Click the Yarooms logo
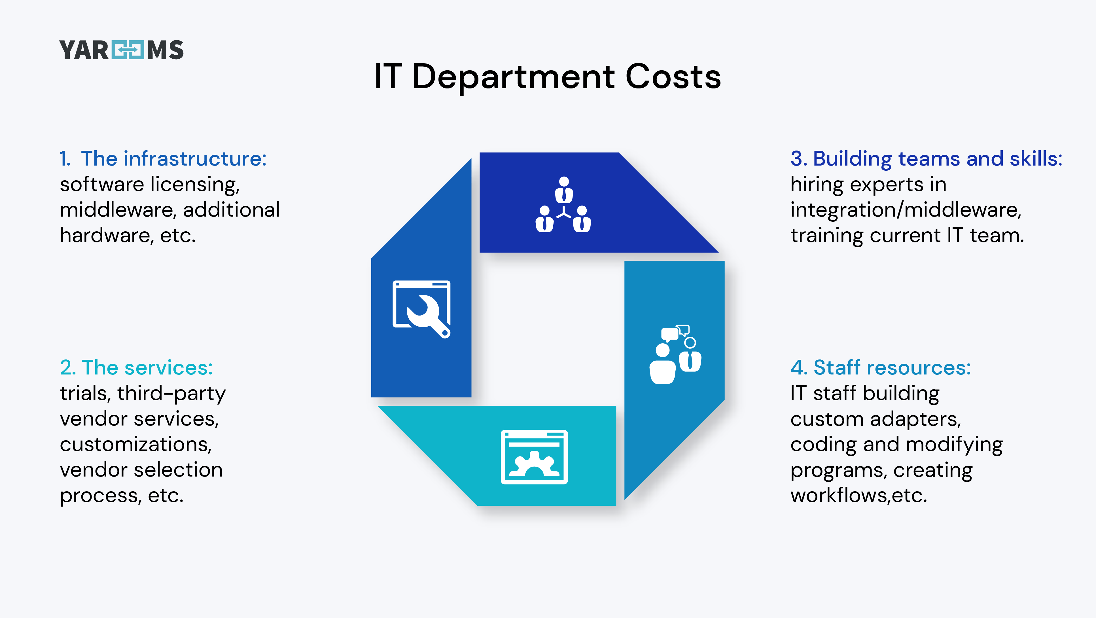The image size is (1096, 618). coord(122,50)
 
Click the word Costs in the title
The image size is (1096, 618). coord(673,77)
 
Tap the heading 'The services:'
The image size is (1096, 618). coord(147,367)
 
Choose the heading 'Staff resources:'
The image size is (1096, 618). coord(892,367)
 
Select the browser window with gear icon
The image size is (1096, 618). coord(534,457)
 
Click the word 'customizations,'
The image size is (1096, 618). coord(136,444)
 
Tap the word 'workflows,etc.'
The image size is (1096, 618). coord(858,496)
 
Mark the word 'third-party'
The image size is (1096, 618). coord(171,394)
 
